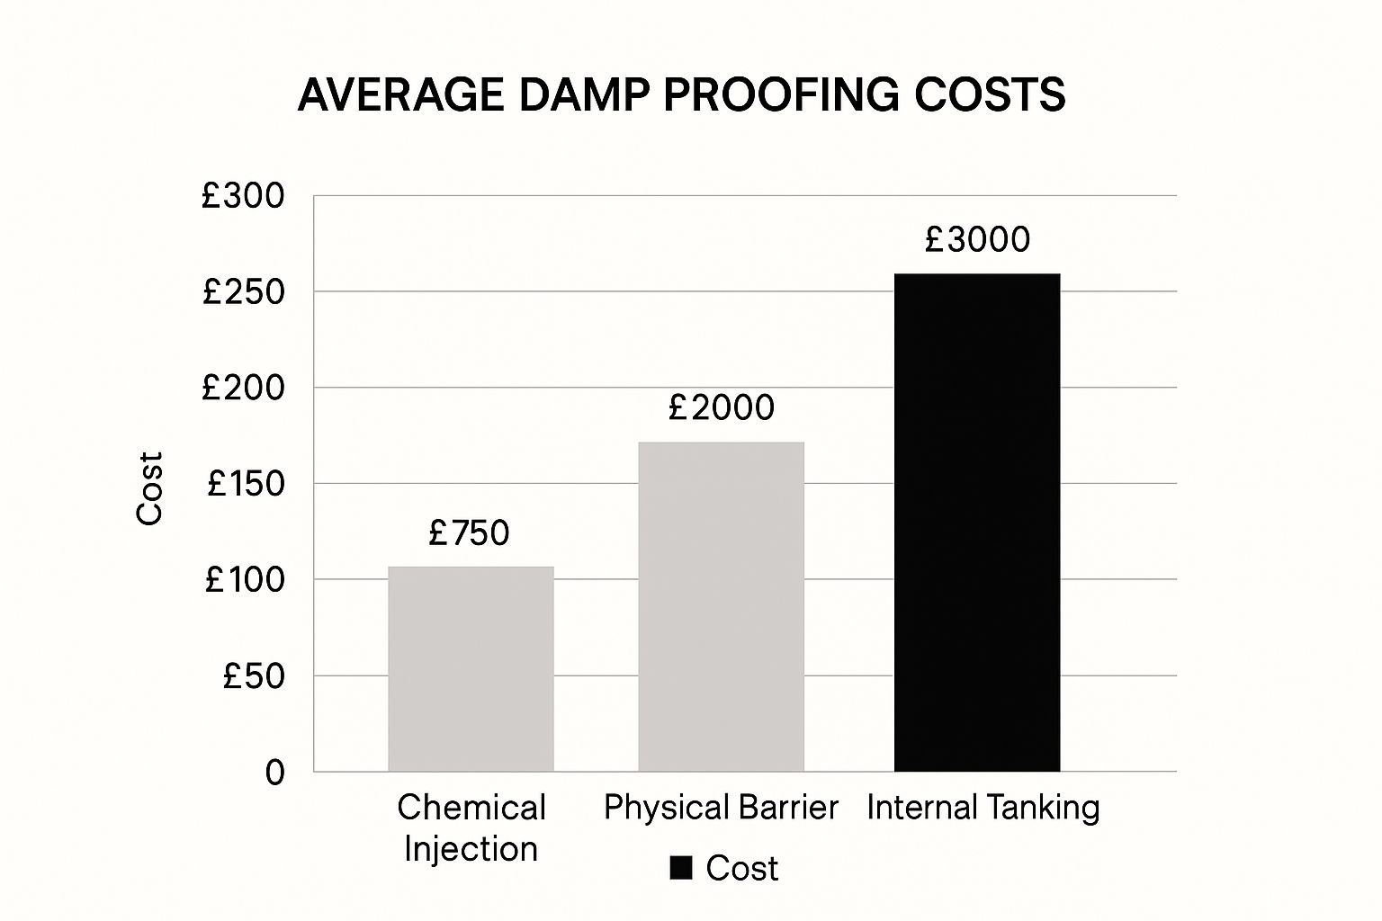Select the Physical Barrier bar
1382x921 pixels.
click(x=721, y=606)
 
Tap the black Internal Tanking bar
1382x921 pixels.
click(x=976, y=522)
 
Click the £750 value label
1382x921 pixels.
click(x=469, y=533)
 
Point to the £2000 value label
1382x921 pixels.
click(x=721, y=408)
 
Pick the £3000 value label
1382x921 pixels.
click(x=977, y=239)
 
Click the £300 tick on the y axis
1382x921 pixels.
click(x=243, y=196)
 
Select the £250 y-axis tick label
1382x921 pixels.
click(x=243, y=292)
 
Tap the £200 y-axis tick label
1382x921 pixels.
click(x=243, y=388)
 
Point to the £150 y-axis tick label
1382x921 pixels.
click(x=245, y=484)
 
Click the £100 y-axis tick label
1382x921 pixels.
click(x=245, y=580)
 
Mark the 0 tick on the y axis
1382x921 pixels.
click(x=274, y=773)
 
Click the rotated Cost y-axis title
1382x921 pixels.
click(x=149, y=487)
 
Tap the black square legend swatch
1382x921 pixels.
click(x=681, y=868)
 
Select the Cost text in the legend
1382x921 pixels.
click(x=741, y=868)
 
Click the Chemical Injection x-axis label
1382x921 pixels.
click(x=471, y=827)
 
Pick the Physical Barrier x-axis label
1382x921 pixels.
click(x=721, y=808)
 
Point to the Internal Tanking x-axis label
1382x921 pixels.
click(x=983, y=808)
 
